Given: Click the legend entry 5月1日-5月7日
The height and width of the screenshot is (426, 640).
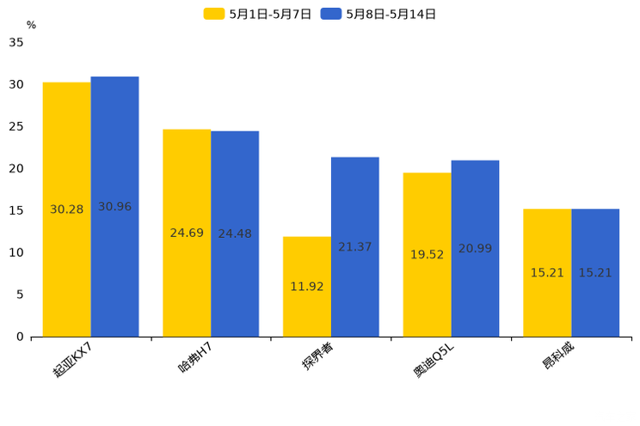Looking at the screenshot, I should click(258, 14).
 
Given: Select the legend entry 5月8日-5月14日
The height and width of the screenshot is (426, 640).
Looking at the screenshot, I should click(378, 14).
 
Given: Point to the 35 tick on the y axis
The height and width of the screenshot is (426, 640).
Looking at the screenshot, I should click(16, 42).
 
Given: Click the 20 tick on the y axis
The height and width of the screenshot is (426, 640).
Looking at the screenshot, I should click(16, 168).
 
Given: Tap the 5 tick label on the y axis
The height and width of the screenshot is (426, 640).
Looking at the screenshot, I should click(20, 295).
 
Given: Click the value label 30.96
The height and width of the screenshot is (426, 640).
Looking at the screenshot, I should click(114, 207).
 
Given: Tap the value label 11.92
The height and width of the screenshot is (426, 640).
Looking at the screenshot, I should click(307, 287).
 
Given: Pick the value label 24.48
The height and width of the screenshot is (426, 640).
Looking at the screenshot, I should click(235, 234).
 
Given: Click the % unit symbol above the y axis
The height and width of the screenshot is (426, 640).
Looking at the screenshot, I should click(31, 25).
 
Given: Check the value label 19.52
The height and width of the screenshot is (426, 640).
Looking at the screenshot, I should click(427, 255).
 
